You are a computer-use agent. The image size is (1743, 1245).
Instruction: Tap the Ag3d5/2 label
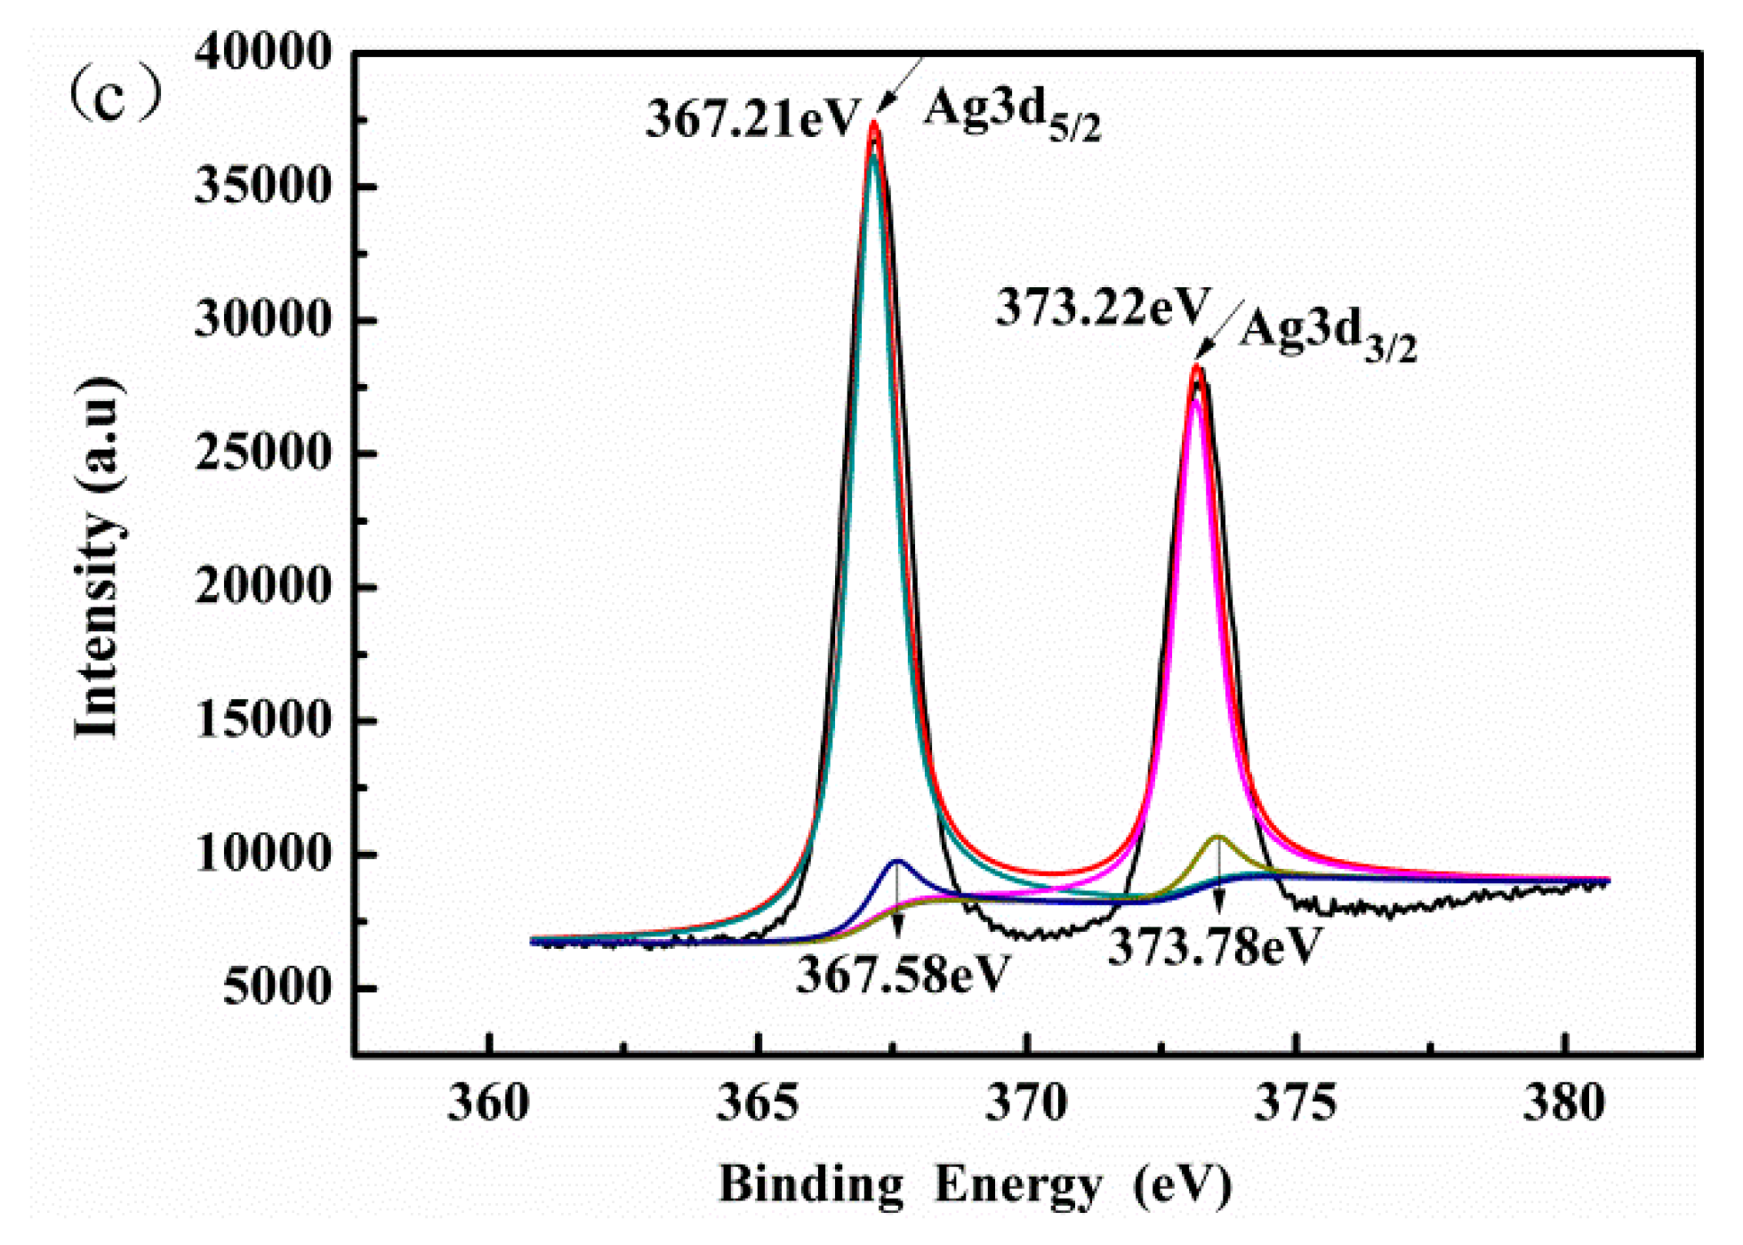coord(1012,116)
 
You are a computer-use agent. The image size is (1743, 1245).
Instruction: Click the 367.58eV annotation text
coord(904,975)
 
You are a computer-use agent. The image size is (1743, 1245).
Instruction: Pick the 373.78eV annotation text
coord(1215,946)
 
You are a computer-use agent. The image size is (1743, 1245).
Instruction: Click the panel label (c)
coord(116,96)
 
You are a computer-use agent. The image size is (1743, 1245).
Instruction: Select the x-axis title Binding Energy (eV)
coord(975,1185)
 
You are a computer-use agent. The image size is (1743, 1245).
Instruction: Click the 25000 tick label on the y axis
coord(263,454)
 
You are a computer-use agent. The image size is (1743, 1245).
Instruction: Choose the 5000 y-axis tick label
coord(276,987)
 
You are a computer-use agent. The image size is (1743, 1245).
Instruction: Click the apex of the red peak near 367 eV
coord(874,124)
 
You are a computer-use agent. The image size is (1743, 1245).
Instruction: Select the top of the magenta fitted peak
coord(1196,402)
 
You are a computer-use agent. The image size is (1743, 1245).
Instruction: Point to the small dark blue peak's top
coord(897,861)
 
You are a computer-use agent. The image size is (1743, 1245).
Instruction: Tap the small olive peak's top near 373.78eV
coord(1218,837)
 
